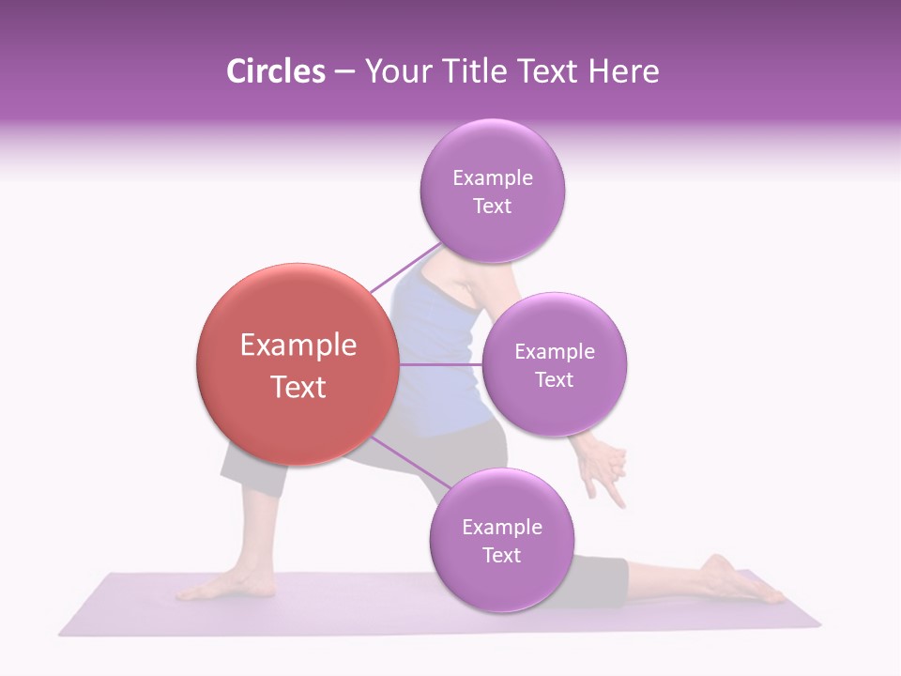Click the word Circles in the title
[275, 71]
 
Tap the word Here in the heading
[623, 71]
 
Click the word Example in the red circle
[298, 346]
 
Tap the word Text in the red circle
[298, 387]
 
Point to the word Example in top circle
[492, 177]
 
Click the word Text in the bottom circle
[501, 555]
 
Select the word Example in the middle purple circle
[554, 351]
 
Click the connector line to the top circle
[404, 269]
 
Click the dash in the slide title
[344, 72]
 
